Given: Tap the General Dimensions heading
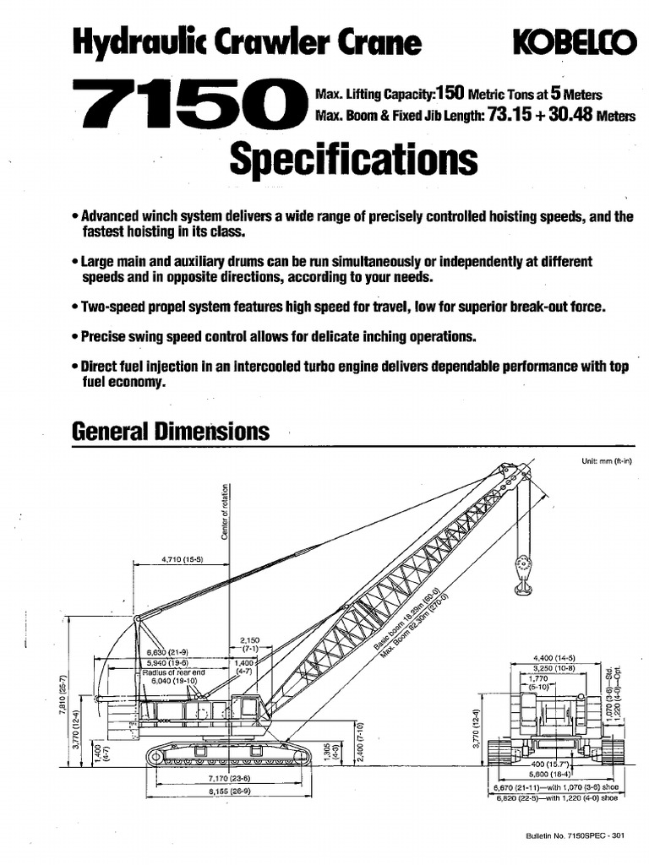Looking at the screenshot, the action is pos(171,432).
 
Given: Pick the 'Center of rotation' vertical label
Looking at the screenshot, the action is pos(226,511).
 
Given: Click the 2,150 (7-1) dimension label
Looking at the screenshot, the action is pos(249,645).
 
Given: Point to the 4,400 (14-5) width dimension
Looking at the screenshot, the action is pos(554,657).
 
